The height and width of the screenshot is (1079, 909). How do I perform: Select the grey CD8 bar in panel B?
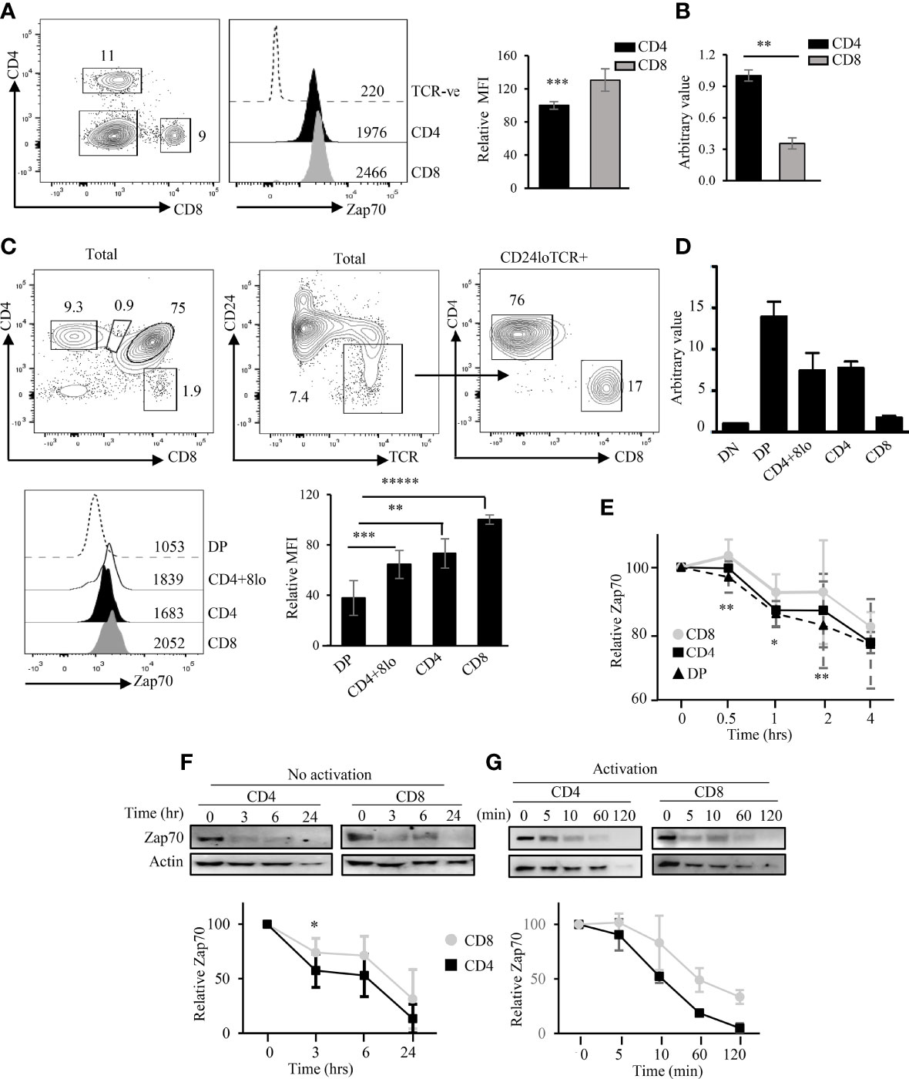click(791, 161)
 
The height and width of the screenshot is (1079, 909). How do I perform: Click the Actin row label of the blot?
click(166, 861)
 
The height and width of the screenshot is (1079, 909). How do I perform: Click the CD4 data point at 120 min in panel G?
click(740, 1028)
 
